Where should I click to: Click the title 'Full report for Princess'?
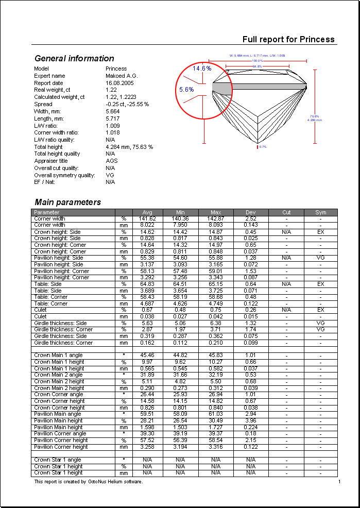click(288, 39)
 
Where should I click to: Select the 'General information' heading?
click(74, 58)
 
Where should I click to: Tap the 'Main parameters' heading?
click(67, 202)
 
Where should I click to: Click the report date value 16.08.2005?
click(119, 82)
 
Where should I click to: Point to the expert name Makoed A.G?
click(122, 76)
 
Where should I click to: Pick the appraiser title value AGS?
click(111, 161)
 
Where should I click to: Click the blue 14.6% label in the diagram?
click(202, 68)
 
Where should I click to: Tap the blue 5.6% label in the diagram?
click(186, 89)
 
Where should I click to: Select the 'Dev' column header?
click(251, 212)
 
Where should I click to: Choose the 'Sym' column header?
click(320, 212)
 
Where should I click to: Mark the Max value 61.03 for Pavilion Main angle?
click(216, 414)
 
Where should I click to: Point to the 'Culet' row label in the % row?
click(40, 310)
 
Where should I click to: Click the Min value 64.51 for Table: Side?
click(180, 284)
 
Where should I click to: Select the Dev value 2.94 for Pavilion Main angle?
click(251, 414)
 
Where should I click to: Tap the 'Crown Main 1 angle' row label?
click(58, 355)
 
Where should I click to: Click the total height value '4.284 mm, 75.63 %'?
click(129, 147)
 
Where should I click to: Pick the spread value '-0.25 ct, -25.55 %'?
click(127, 104)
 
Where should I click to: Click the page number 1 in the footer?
click(339, 481)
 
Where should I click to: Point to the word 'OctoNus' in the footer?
click(98, 482)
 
